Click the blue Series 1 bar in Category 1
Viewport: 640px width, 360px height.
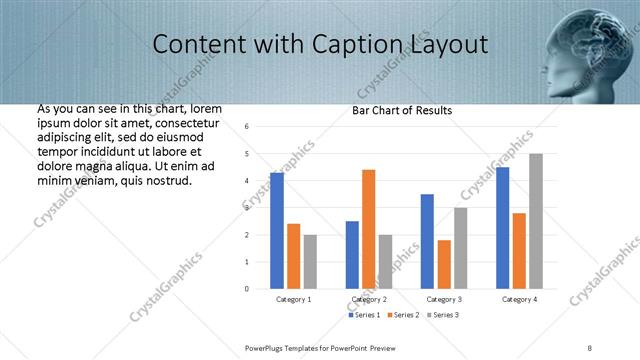click(x=277, y=230)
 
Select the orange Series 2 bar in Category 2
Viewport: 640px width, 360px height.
click(x=368, y=229)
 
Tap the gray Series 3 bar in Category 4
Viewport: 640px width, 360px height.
click(x=535, y=221)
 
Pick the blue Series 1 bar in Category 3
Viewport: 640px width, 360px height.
click(x=427, y=241)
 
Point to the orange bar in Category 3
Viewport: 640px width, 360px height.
click(x=444, y=264)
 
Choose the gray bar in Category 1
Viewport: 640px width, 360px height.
click(x=310, y=261)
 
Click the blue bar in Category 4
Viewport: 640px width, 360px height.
click(x=502, y=228)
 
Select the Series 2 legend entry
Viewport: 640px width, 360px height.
click(x=403, y=315)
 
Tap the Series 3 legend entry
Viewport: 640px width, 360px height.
click(x=444, y=315)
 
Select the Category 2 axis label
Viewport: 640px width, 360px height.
click(x=369, y=299)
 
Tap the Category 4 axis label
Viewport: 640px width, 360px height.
click(x=519, y=299)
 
